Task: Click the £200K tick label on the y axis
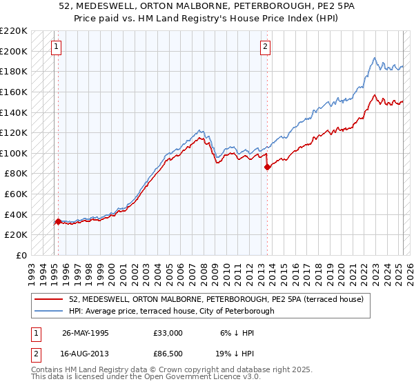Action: [14, 51]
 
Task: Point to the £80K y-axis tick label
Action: [17, 174]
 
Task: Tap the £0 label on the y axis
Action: [22, 255]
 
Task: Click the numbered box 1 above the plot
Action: [56, 47]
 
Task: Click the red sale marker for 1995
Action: [58, 221]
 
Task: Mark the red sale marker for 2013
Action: [267, 167]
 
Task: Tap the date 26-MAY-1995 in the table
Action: [86, 333]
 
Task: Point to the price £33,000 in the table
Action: [168, 333]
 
